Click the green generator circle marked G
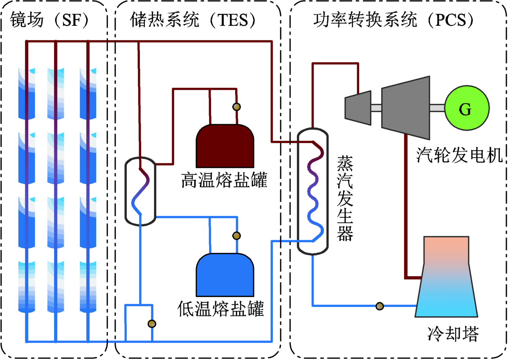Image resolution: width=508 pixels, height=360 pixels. [x=467, y=108]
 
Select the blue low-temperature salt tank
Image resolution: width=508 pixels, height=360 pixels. [x=225, y=275]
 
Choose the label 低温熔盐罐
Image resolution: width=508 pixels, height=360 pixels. [x=221, y=309]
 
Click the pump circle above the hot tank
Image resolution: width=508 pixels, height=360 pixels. [x=236, y=107]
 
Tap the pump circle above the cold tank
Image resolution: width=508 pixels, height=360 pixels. [x=236, y=235]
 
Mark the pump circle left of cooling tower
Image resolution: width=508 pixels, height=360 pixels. [x=380, y=306]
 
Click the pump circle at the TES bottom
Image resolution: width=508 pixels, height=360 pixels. [x=152, y=324]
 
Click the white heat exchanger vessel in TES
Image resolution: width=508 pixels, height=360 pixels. [x=140, y=191]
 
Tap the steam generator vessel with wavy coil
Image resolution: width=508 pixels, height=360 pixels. [x=312, y=191]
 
